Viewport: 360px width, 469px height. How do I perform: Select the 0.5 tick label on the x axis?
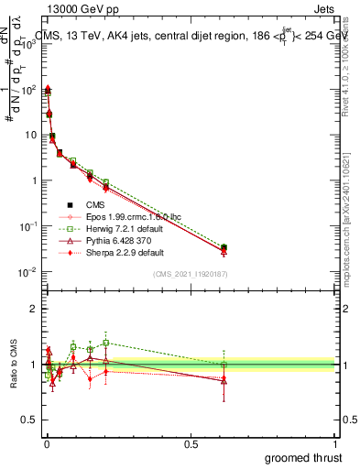(x=191, y=443)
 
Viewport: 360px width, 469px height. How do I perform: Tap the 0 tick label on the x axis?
(x=47, y=443)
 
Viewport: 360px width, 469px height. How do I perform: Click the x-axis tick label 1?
(x=335, y=443)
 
